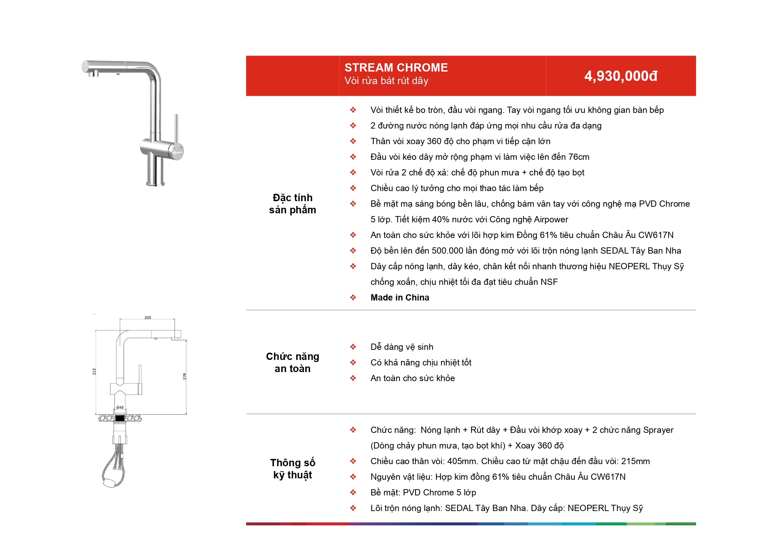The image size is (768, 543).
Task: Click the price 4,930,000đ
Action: (x=621, y=76)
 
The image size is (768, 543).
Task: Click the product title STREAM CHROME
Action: (x=396, y=67)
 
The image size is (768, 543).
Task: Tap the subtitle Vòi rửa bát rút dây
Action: (x=386, y=81)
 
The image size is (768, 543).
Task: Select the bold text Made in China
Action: (x=400, y=297)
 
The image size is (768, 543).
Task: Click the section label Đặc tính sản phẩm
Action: (x=292, y=204)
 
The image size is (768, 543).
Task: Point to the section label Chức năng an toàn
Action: (x=292, y=362)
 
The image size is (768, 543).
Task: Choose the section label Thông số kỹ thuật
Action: (x=292, y=469)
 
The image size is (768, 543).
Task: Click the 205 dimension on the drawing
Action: (x=148, y=318)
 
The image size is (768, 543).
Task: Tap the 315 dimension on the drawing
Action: (x=94, y=371)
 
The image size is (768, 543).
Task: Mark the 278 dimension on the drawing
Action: (x=185, y=376)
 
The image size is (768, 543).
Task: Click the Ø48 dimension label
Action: (x=120, y=407)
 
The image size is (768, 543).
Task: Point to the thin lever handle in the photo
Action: (x=176, y=129)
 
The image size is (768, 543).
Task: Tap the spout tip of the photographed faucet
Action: (x=93, y=74)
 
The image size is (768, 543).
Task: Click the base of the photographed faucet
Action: (x=155, y=182)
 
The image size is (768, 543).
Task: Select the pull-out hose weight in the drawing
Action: (x=111, y=482)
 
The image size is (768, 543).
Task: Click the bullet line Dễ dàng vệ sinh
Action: (x=402, y=347)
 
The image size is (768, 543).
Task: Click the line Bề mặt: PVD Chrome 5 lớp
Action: (x=423, y=492)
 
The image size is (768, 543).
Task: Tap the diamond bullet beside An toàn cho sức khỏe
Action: (x=353, y=378)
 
